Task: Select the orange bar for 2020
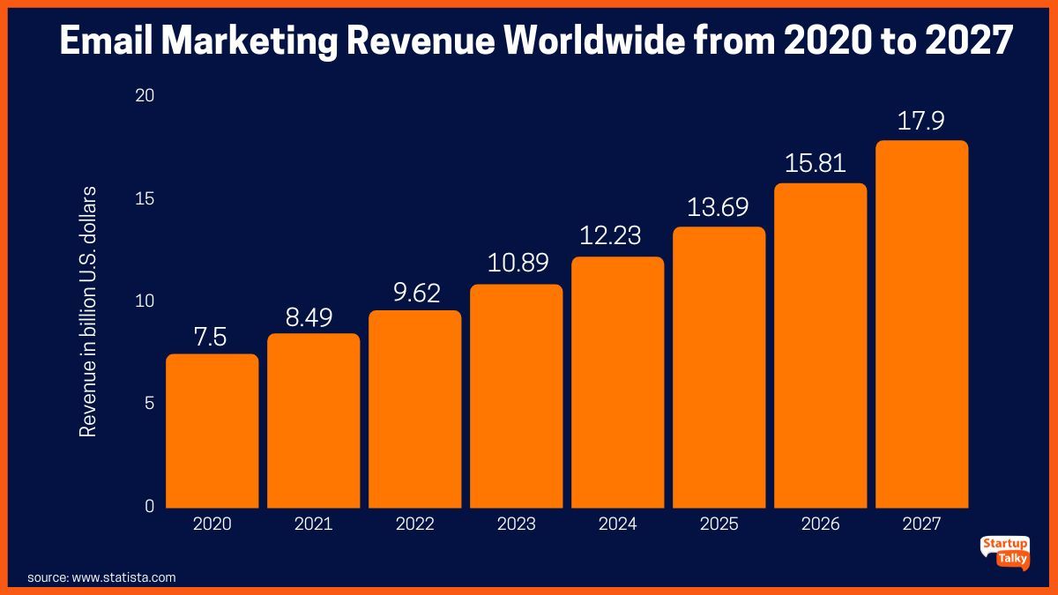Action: (212, 431)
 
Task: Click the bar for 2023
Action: (517, 396)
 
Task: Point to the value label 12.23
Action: (617, 236)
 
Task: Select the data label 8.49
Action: (314, 317)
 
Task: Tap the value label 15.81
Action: (820, 163)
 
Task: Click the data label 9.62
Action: (415, 294)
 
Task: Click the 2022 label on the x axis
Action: (415, 524)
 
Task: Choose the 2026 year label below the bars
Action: (820, 524)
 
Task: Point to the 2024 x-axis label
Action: (617, 524)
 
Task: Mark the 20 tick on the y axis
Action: (145, 95)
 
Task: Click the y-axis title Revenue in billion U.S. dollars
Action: (88, 312)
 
